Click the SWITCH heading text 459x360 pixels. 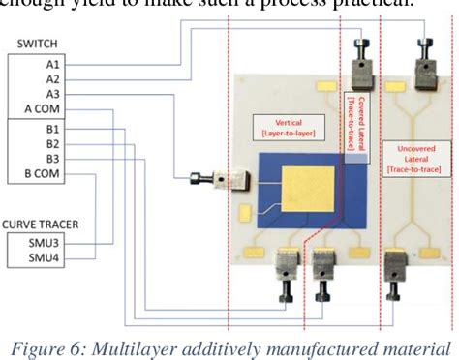coord(31,45)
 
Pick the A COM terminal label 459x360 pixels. coord(45,109)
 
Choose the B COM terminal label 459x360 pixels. coord(45,173)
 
